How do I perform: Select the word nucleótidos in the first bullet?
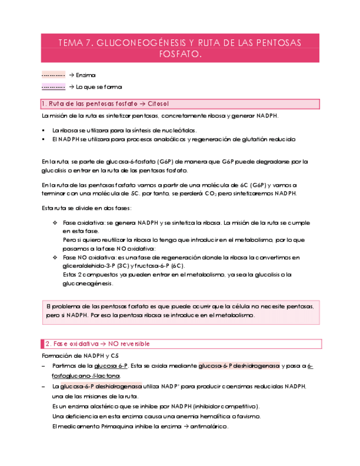coord(179,130)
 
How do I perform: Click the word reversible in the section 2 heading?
coord(131,343)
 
